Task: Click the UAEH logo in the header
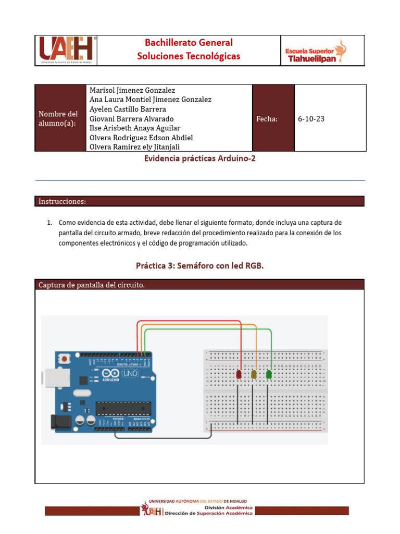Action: tap(66, 51)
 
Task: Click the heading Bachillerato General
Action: tap(189, 43)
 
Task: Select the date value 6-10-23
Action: tap(311, 119)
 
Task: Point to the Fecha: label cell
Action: tap(267, 119)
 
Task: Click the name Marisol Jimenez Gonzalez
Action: tap(133, 90)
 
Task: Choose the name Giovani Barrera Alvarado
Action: tap(132, 119)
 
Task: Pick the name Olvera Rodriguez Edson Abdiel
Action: tap(141, 138)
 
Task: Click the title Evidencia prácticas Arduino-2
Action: tap(199, 159)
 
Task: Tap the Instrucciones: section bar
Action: tap(199, 201)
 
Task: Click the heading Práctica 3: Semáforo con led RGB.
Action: tap(200, 266)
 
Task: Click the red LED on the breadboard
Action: tap(239, 374)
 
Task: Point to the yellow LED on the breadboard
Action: tap(254, 374)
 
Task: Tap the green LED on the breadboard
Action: tap(269, 374)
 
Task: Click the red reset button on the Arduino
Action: tap(65, 359)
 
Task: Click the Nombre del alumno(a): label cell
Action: tap(58, 118)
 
